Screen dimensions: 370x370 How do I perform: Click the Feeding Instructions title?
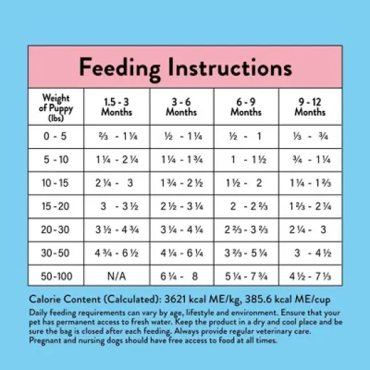pyautogui.click(x=185, y=67)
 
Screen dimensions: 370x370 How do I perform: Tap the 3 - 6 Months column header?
pyautogui.click(x=182, y=106)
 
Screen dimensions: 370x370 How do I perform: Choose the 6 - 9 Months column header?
pyautogui.click(x=246, y=106)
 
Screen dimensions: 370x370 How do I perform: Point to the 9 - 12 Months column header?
pyautogui.click(x=309, y=106)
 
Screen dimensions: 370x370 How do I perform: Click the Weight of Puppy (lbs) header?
pyautogui.click(x=56, y=106)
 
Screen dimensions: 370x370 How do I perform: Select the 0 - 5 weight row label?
pyautogui.click(x=56, y=137)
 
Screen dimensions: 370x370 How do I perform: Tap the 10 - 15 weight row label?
pyautogui.click(x=56, y=183)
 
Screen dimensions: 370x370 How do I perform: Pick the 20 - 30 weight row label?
pyautogui.click(x=56, y=229)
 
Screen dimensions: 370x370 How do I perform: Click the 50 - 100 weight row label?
pyautogui.click(x=56, y=276)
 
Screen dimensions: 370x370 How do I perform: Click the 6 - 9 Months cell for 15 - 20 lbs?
pyautogui.click(x=246, y=207)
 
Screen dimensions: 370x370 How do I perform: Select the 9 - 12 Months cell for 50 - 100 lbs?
pyautogui.click(x=309, y=276)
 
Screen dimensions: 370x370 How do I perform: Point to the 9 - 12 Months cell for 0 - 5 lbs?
pyautogui.click(x=309, y=137)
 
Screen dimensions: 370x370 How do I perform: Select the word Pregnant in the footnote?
pyautogui.click(x=45, y=341)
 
